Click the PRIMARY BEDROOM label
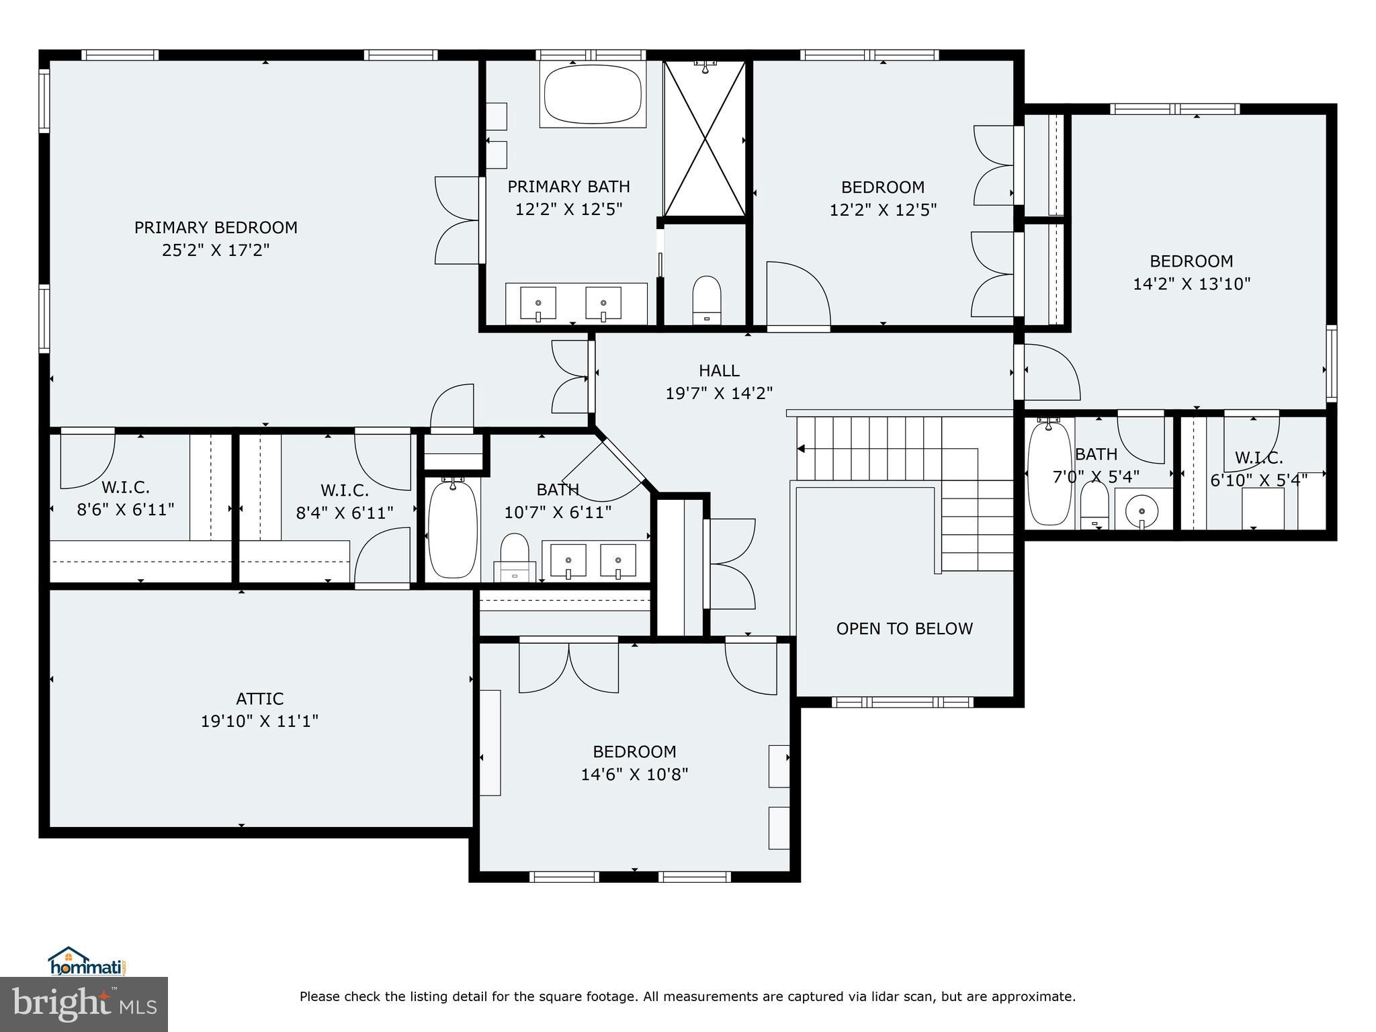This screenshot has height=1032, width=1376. pyautogui.click(x=216, y=228)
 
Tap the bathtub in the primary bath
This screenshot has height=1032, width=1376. pyautogui.click(x=592, y=95)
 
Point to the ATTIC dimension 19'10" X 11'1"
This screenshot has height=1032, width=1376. pyautogui.click(x=259, y=722)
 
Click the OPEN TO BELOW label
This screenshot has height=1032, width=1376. pyautogui.click(x=904, y=629)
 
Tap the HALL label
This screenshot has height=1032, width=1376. pyautogui.click(x=719, y=371)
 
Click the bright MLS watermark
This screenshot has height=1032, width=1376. pyautogui.click(x=84, y=1004)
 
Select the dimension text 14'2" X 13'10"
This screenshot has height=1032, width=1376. pyautogui.click(x=1191, y=284)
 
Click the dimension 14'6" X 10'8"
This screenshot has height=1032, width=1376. pyautogui.click(x=634, y=775)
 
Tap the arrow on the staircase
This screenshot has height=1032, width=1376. pyautogui.click(x=802, y=449)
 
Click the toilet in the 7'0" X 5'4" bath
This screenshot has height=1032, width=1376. pyautogui.click(x=1094, y=505)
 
